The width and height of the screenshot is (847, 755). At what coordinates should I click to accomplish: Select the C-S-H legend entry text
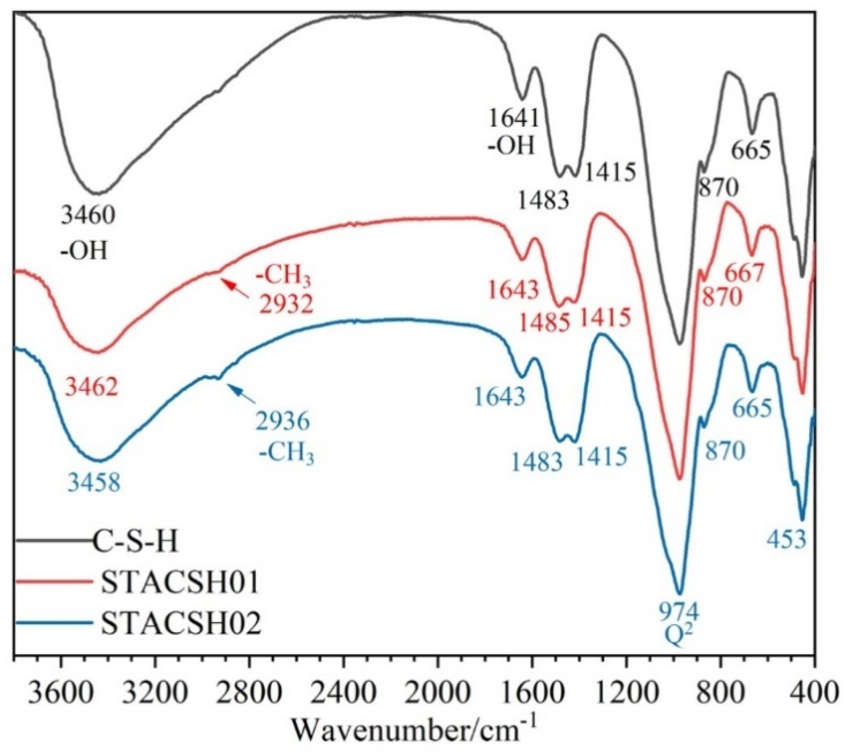[x=135, y=542]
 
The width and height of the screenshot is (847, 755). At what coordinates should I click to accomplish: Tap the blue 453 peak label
[x=787, y=540]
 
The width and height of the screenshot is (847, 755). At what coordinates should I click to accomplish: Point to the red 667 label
[x=745, y=273]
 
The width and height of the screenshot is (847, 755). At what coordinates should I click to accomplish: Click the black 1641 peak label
[x=514, y=118]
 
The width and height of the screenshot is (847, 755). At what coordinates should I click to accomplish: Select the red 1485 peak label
[x=545, y=324]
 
